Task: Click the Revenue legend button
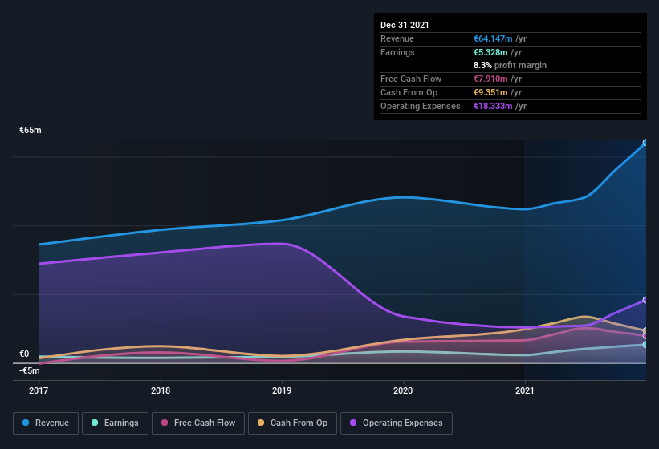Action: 46,423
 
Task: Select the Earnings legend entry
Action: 114,423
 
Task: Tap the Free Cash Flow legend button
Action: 198,423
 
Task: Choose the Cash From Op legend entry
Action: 291,423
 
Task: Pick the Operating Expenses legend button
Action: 397,423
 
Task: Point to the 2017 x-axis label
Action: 39,391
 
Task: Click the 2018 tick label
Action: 161,391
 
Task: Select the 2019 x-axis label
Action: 282,391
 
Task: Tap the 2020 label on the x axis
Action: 403,391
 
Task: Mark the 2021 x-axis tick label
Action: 524,391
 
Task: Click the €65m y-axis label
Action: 31,130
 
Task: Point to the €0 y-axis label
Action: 24,354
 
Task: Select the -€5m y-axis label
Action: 30,370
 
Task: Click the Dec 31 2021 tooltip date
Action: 405,25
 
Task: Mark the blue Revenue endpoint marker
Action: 645,144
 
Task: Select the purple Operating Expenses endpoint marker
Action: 645,300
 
